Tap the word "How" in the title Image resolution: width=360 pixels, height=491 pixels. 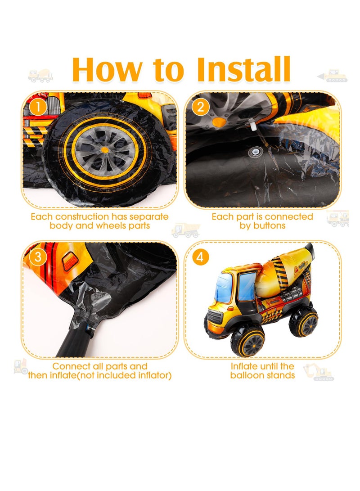tap(107, 69)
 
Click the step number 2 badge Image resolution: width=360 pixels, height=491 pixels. tap(200, 108)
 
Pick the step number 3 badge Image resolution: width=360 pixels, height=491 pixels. tap(38, 257)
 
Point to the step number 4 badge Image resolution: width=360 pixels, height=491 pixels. tap(200, 257)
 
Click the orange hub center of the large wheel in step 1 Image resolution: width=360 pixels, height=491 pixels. tap(105, 150)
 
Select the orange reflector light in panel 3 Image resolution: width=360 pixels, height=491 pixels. tap(71, 262)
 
